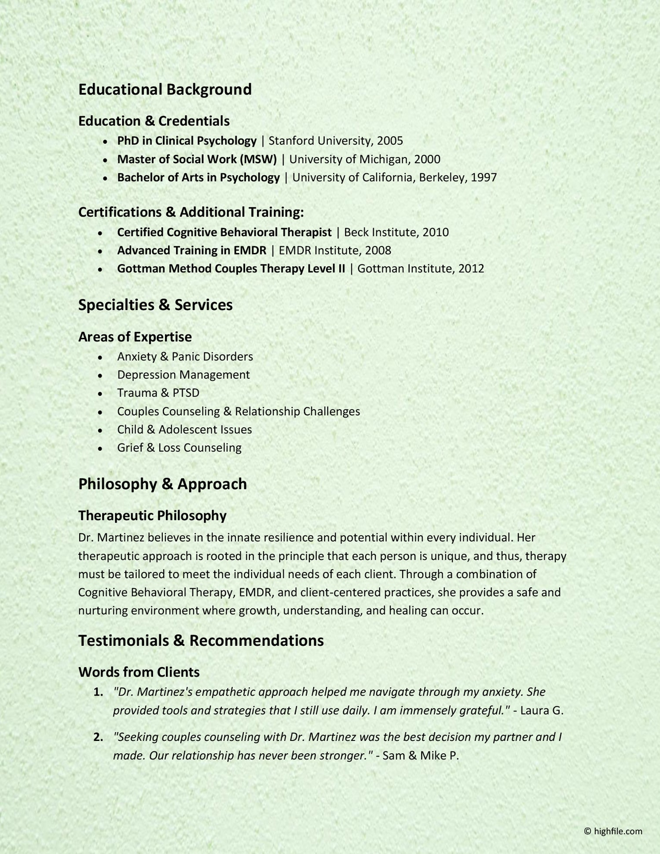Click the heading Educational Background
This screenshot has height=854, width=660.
(165, 89)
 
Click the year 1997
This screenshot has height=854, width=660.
(484, 178)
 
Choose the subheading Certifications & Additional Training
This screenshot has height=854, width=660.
(191, 212)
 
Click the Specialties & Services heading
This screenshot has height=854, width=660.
(155, 305)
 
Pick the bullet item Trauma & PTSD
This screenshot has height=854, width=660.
(158, 393)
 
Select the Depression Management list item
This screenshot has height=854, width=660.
(183, 375)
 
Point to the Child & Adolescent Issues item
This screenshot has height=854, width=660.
(184, 429)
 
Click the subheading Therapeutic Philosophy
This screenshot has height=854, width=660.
(152, 515)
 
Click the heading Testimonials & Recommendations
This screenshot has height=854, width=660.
(201, 641)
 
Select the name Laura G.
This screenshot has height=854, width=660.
(542, 711)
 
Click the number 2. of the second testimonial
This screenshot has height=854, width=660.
(98, 737)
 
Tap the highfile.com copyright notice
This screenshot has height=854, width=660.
(613, 831)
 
